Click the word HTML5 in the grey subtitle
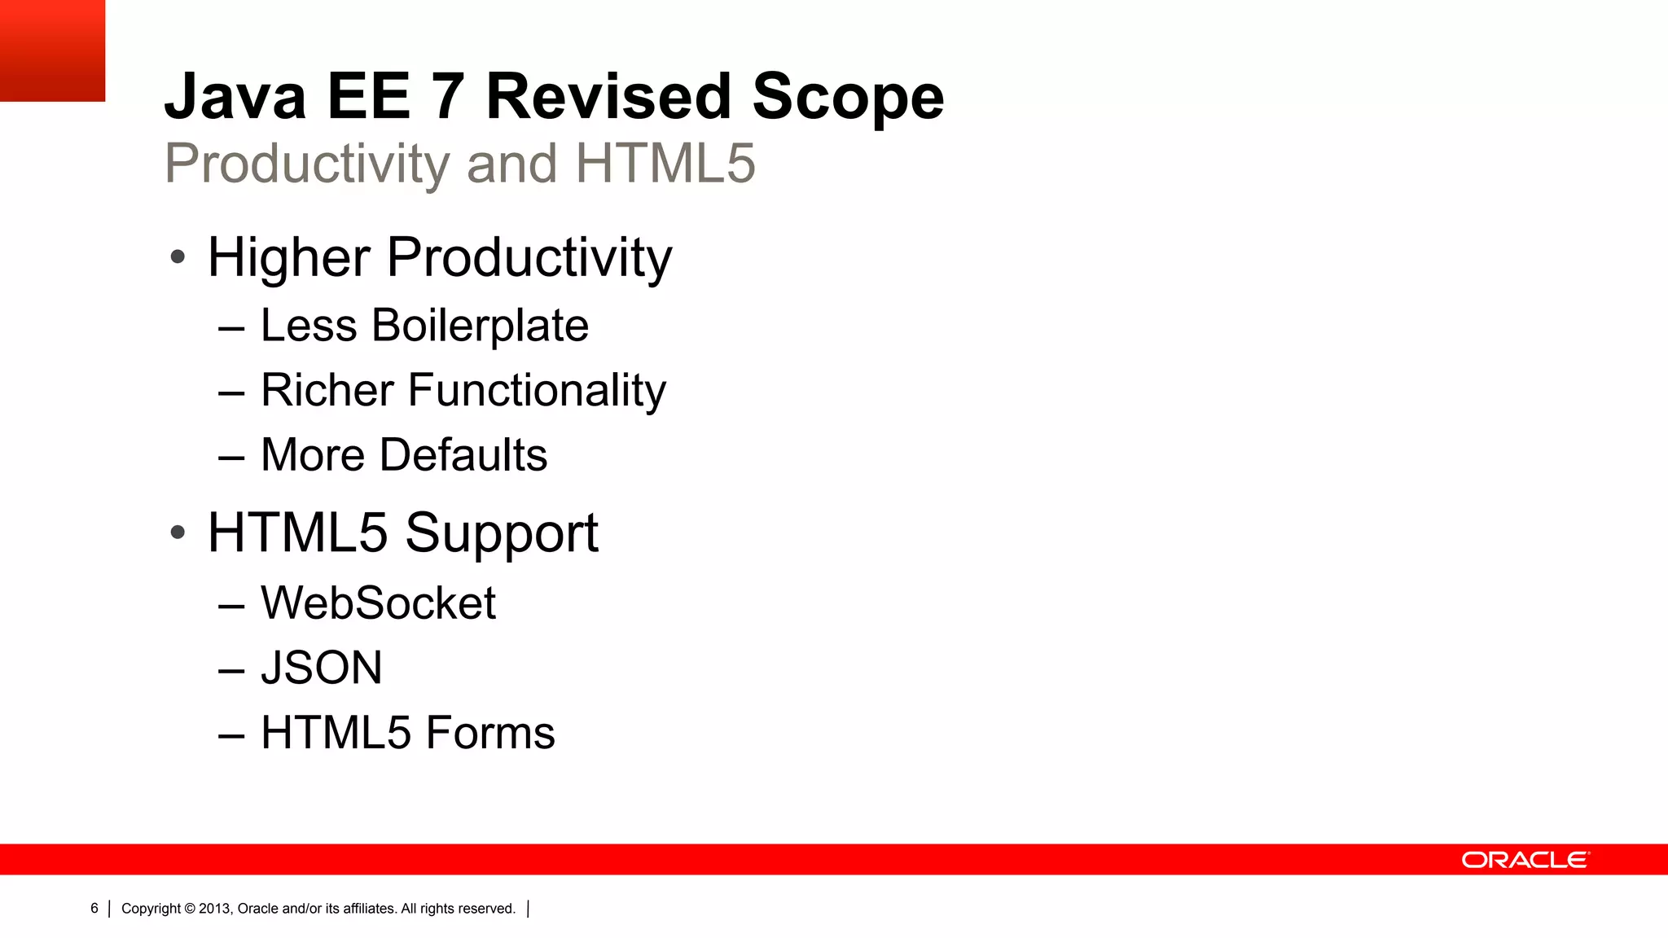pos(665,164)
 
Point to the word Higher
pos(288,257)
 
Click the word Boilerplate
pos(480,326)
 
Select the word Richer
pos(327,390)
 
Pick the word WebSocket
pos(378,603)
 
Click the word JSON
pos(322,668)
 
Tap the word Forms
pos(490,733)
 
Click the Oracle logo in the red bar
pos(1525,860)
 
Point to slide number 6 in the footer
pos(94,909)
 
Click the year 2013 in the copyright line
pos(215,909)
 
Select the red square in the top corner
pos(52,50)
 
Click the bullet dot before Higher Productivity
pos(178,258)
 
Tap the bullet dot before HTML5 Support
pos(178,533)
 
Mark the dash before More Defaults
pos(231,458)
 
